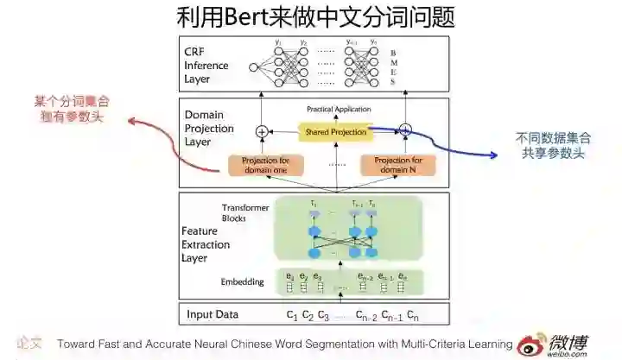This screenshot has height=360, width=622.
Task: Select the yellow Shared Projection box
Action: pyautogui.click(x=334, y=132)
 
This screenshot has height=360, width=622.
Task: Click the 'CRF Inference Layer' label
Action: pyautogui.click(x=206, y=66)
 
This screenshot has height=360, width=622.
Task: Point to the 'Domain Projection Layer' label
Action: pyautogui.click(x=210, y=128)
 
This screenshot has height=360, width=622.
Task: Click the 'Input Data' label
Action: pyautogui.click(x=212, y=314)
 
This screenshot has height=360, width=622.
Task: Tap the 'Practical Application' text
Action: pyautogui.click(x=339, y=110)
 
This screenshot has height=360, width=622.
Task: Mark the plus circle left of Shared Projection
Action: pyautogui.click(x=262, y=132)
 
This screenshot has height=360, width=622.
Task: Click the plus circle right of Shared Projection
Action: pyautogui.click(x=405, y=130)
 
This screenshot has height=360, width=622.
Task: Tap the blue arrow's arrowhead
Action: pyautogui.click(x=495, y=155)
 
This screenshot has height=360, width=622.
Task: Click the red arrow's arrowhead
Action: pyautogui.click(x=132, y=122)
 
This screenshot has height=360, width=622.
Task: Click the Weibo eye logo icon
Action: pyautogui.click(x=534, y=343)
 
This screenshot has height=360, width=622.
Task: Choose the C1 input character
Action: pyautogui.click(x=292, y=314)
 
